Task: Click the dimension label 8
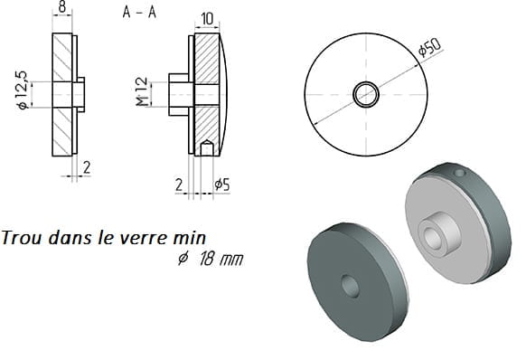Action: click(x=62, y=7)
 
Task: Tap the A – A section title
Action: click(x=139, y=13)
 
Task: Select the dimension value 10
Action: click(x=207, y=19)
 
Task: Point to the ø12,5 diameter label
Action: click(x=22, y=90)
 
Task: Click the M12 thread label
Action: click(x=142, y=91)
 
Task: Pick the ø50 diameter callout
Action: click(x=429, y=47)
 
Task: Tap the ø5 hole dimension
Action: click(x=222, y=185)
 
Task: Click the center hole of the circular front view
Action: click(x=366, y=94)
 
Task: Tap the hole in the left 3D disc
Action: click(x=351, y=286)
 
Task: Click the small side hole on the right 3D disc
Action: click(x=459, y=174)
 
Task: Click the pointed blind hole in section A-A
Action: click(x=207, y=147)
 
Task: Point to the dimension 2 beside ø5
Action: click(x=179, y=185)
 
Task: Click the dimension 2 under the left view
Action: click(x=87, y=167)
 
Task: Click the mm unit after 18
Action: click(x=231, y=260)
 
